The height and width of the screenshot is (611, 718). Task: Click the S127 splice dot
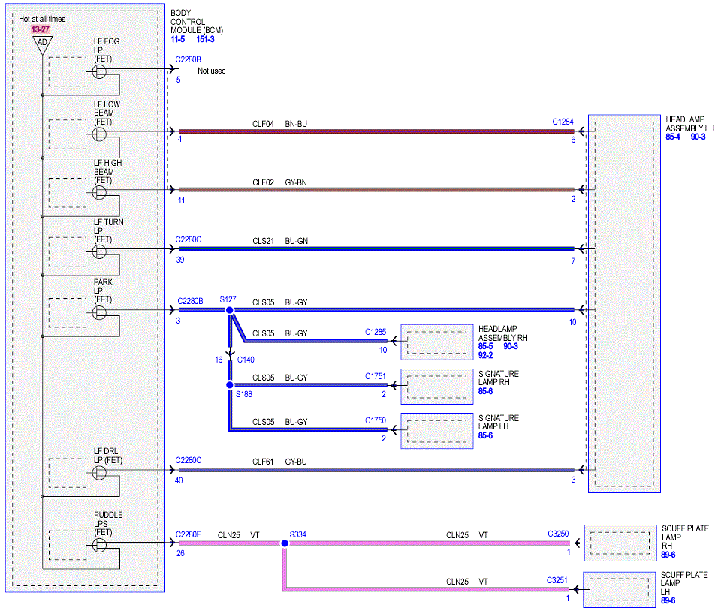tap(230, 310)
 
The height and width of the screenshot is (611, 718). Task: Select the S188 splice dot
tap(230, 385)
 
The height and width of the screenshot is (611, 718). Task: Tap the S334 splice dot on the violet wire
tap(285, 543)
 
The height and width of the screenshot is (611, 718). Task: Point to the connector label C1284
tap(563, 122)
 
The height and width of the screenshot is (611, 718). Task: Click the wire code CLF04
tap(263, 124)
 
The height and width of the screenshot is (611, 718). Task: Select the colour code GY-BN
tap(296, 182)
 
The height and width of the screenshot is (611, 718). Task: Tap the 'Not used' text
tap(212, 71)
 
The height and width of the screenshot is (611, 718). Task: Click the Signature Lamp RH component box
tap(437, 387)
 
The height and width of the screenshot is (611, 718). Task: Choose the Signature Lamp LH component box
tap(437, 431)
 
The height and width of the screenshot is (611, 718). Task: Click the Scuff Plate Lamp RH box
tap(620, 543)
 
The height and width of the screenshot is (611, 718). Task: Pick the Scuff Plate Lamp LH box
tap(619, 590)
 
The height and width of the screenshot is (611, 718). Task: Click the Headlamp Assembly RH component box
tap(437, 342)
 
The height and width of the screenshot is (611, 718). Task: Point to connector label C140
tap(246, 360)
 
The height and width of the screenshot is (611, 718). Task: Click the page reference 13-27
tap(41, 29)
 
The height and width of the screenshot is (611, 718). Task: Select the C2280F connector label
tap(189, 534)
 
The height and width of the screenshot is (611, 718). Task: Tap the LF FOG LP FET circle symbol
tap(99, 72)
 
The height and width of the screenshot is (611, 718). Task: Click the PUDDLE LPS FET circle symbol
tap(99, 545)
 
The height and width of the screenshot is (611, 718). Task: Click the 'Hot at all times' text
tap(42, 19)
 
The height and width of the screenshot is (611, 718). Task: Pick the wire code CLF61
tap(263, 462)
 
